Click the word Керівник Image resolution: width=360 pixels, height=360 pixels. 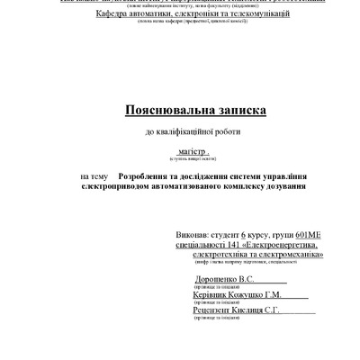(211, 295)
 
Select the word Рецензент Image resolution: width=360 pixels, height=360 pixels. (214, 310)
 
